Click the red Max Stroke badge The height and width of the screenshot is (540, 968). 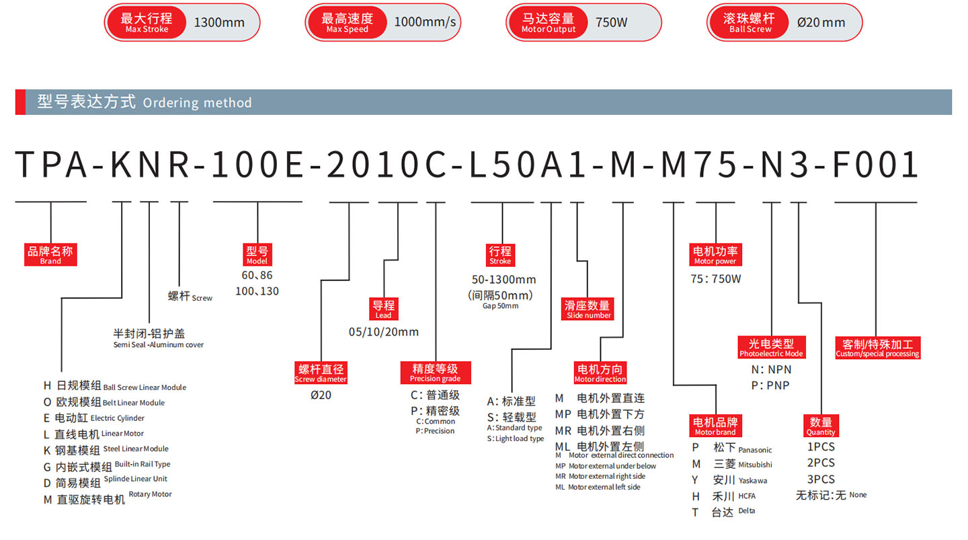[x=147, y=22]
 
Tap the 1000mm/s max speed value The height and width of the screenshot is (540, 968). [x=425, y=22]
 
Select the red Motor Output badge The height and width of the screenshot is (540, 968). [x=549, y=22]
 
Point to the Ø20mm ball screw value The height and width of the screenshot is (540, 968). [x=821, y=22]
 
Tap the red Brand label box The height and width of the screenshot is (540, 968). [x=50, y=255]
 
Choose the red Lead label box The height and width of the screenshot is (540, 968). [x=383, y=309]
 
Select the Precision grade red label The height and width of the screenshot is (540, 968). [x=435, y=373]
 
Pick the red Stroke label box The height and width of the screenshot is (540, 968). [x=500, y=255]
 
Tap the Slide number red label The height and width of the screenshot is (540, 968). [x=588, y=309]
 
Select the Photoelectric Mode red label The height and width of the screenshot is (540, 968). [x=771, y=347]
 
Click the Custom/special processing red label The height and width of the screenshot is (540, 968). [x=877, y=348]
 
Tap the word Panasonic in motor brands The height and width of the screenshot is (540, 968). [x=755, y=450]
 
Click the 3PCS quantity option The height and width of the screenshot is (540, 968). [x=820, y=479]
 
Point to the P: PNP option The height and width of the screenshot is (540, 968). [x=770, y=385]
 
